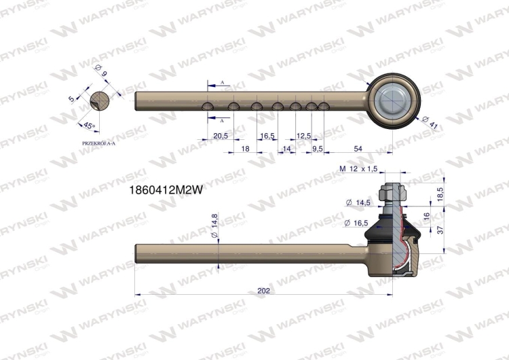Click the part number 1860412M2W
(x=166, y=192)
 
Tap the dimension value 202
(x=264, y=290)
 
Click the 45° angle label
(x=89, y=126)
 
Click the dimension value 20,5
(x=220, y=136)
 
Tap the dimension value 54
(x=358, y=147)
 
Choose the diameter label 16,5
(x=357, y=223)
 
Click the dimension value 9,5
(x=317, y=147)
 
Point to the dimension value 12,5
(x=304, y=136)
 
